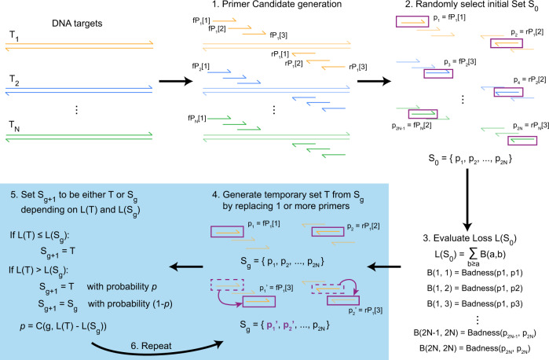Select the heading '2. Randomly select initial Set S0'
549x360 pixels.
tap(471, 7)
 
